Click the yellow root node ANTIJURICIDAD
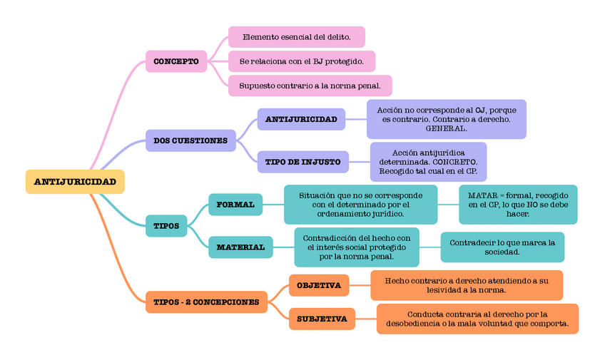coord(75,182)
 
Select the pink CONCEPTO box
coord(176,61)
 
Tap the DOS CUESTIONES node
coord(190,140)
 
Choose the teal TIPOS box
coord(166,226)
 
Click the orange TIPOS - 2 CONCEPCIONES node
coord(206,302)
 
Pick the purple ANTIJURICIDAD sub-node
coord(301,119)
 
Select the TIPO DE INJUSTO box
coord(302,162)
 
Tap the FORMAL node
coord(235,205)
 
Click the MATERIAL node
coord(240,247)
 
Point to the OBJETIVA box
coord(319,285)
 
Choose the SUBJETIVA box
coord(322,319)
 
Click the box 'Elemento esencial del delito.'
coord(296,37)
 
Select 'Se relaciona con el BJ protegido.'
coord(302,61)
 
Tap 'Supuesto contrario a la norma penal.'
coord(310,86)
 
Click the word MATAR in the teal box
coord(482,195)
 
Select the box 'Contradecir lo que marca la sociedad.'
coord(502,247)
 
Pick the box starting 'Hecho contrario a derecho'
coord(467,285)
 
